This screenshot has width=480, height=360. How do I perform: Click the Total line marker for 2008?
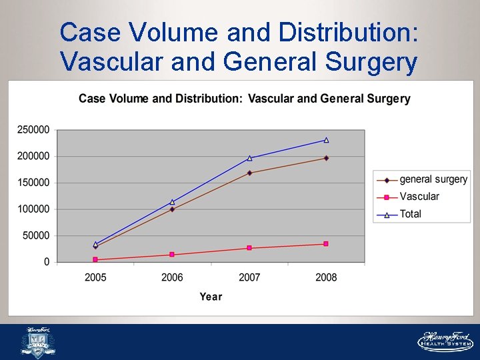tap(326, 140)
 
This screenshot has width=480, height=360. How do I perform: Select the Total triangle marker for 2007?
tap(249, 158)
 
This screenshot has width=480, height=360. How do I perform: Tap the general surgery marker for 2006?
tap(172, 209)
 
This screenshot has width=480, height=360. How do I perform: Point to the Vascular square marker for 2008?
tap(326, 244)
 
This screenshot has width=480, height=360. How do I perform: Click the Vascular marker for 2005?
tap(95, 259)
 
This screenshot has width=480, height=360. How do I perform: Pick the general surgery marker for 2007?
tap(249, 173)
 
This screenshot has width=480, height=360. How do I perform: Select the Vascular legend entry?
tap(408, 197)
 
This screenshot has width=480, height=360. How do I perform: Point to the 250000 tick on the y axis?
tap(33, 129)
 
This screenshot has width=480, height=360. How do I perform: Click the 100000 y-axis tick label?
tap(33, 209)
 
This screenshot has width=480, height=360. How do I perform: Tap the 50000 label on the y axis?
tap(36, 235)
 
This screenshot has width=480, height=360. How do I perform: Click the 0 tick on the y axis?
tap(47, 262)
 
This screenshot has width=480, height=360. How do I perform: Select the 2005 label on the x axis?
tap(95, 277)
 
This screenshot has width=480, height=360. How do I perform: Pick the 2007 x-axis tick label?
tap(249, 277)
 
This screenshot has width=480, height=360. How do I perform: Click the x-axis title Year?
tap(211, 296)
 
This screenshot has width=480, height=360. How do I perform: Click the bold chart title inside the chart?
tap(245, 99)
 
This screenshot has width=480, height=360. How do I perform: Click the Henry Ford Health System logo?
tap(445, 341)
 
